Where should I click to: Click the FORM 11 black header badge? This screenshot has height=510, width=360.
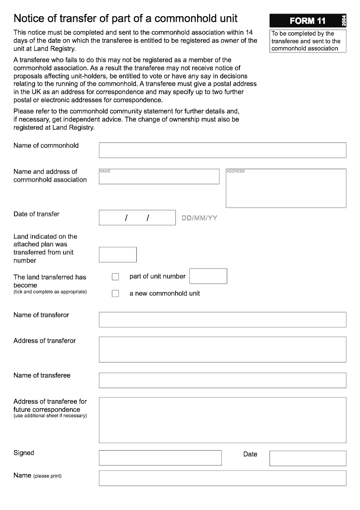305,21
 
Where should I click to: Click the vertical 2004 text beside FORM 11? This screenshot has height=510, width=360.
344,21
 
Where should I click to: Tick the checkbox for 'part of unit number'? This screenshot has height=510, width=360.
115,277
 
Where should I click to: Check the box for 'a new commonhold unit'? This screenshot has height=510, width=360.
115,293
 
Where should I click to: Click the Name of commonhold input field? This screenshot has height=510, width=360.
222,150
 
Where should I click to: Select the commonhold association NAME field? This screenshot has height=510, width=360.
159,176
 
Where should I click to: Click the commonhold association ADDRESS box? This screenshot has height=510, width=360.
286,188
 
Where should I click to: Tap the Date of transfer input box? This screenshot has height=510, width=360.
137,218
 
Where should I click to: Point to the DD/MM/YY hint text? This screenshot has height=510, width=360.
199,218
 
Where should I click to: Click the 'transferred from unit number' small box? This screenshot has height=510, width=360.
117,255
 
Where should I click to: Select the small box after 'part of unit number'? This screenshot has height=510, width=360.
208,276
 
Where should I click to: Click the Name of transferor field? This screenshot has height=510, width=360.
222,320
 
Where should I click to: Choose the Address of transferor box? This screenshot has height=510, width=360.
222,349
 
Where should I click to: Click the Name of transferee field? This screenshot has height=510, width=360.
222,380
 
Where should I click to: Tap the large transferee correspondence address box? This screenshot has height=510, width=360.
222,420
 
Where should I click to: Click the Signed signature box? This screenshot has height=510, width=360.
160,458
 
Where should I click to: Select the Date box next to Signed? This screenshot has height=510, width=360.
308,458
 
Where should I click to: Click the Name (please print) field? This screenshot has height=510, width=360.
222,478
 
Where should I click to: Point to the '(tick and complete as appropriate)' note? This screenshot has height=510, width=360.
50,292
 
